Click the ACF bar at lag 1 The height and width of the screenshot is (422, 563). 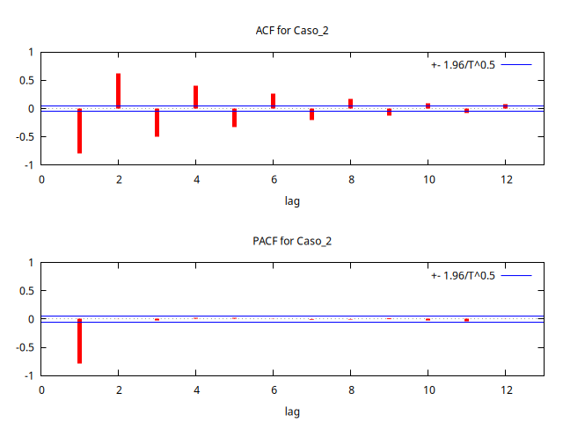pos(79,131)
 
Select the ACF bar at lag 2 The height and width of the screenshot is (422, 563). pos(118,91)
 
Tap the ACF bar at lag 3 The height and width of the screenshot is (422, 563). pos(157,122)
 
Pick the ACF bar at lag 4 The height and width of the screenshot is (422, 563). pos(195,97)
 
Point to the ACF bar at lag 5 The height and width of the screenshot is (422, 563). pos(234,118)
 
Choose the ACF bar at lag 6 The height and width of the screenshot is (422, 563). pos(273,101)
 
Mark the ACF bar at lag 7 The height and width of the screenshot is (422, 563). pos(311,114)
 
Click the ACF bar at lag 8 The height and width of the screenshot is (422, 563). pos(350,104)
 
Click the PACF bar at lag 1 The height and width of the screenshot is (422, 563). pos(79,341)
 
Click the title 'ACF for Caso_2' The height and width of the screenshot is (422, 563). pos(292,31)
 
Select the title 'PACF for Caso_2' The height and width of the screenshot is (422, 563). pos(292,241)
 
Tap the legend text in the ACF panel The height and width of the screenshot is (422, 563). pos(463,64)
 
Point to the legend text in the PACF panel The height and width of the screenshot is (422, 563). pos(463,275)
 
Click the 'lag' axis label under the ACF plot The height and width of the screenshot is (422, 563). pos(292,200)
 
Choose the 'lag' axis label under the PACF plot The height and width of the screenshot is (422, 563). pos(292,411)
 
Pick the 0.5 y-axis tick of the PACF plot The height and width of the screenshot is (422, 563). pos(26,291)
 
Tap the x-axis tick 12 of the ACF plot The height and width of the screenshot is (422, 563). pos(506,179)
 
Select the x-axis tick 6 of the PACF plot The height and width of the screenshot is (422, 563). pos(274,389)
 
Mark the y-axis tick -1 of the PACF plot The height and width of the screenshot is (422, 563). pos(29,375)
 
